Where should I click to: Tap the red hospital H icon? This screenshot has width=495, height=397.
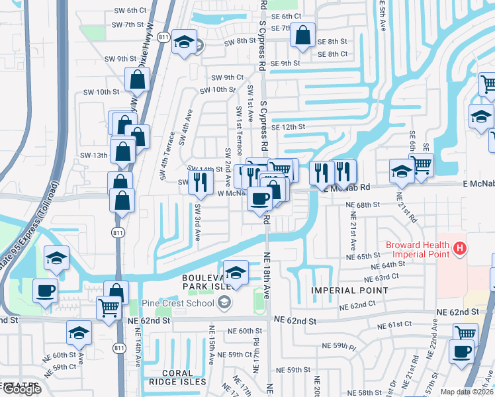click(461, 250)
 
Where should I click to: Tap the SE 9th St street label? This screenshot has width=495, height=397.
click(281, 64)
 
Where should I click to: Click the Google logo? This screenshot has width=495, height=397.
click(21, 389)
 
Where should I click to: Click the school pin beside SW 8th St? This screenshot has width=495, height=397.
click(185, 42)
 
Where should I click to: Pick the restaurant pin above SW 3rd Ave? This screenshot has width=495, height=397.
click(201, 181)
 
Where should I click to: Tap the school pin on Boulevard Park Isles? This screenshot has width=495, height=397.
click(236, 273)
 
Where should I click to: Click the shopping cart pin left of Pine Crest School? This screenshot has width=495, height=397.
click(109, 308)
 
